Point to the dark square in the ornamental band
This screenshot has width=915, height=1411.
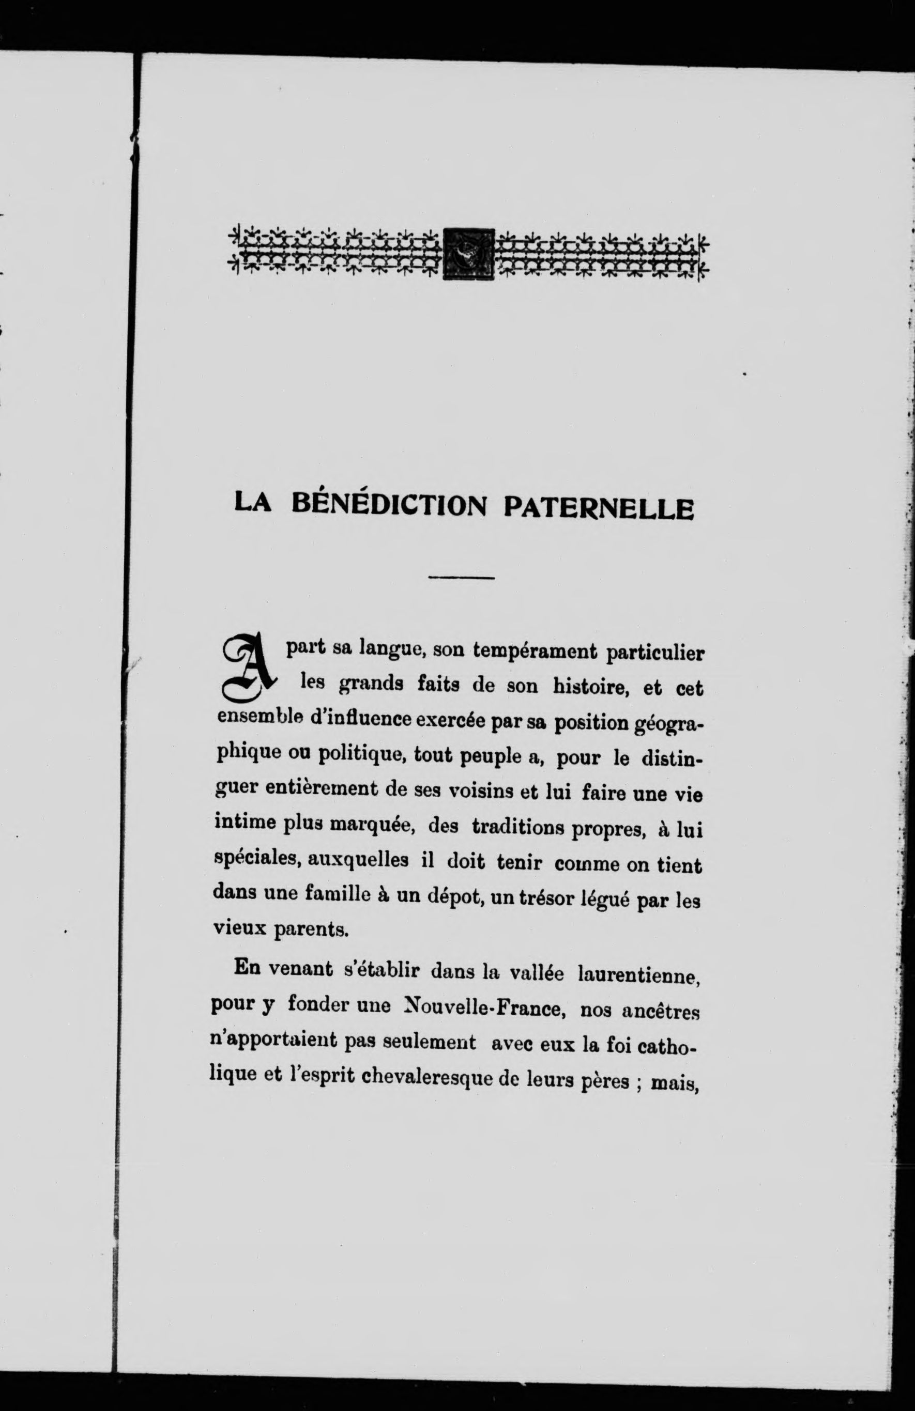[x=468, y=254]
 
